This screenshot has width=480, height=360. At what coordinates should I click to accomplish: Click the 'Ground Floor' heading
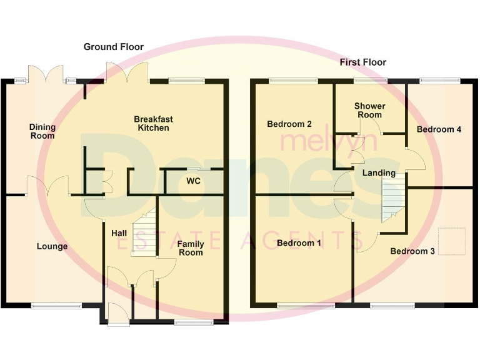[x=114, y=47]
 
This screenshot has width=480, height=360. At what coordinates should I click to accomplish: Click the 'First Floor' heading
[x=362, y=62]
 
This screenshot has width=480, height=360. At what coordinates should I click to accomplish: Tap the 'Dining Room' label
[x=42, y=131]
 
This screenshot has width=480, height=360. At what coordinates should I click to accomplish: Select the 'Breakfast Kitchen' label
[x=153, y=123]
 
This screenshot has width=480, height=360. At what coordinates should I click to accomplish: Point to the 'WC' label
[x=193, y=181]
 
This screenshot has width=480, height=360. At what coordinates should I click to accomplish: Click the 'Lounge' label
[x=52, y=246]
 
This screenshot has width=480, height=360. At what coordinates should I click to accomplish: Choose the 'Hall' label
[x=119, y=233]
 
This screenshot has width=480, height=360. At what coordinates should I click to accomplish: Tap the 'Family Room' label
[x=191, y=248]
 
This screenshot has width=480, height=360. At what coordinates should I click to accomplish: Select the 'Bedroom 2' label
[x=289, y=124]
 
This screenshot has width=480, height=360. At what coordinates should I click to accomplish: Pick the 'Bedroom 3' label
[x=412, y=251]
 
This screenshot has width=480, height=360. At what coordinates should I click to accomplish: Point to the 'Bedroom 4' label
[x=439, y=129]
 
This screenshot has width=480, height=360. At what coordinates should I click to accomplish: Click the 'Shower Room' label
[x=369, y=111]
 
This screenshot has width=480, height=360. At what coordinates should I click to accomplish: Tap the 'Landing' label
[x=379, y=172]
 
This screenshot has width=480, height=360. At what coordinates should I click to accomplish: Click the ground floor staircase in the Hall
[x=143, y=232]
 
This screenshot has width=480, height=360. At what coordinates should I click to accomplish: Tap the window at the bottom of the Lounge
[x=56, y=306]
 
